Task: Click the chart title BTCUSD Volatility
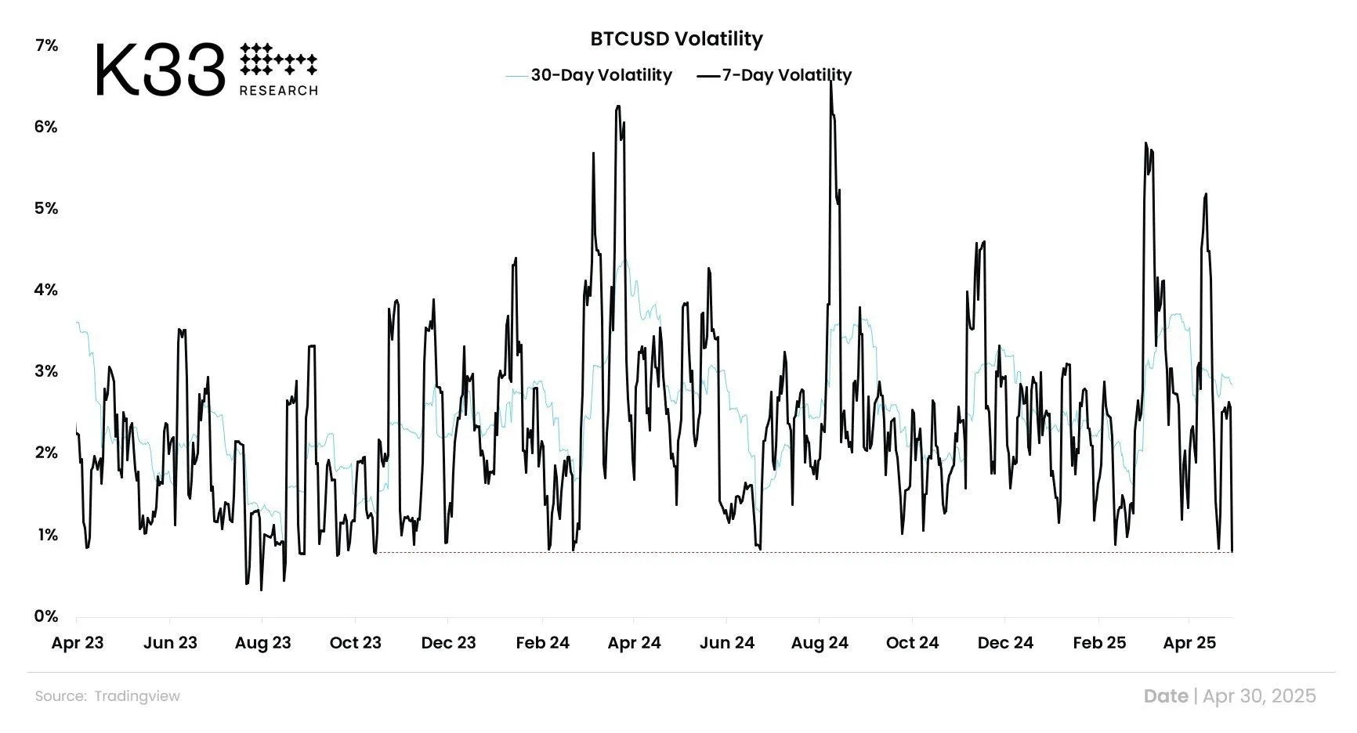676,39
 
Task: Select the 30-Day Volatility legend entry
601,75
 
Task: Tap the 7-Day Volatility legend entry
786,75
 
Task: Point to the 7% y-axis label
46,45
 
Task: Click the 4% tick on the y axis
46,291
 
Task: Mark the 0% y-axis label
46,616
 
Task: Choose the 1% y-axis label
46,535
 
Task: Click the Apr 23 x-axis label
78,643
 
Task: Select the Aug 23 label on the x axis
262,643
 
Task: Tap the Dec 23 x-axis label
448,643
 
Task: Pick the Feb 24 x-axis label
542,643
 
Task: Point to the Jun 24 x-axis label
726,643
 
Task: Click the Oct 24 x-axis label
912,643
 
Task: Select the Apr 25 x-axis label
1189,643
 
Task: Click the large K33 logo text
161,70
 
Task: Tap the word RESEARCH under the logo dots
278,91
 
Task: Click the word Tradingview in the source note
137,696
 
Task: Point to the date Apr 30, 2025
1259,696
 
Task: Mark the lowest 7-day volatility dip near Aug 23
261,589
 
